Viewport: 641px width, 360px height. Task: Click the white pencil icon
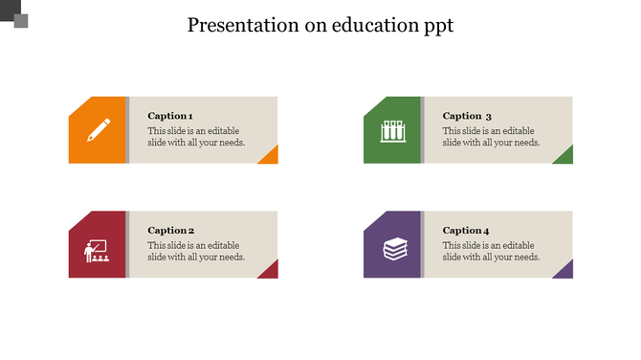point(99,130)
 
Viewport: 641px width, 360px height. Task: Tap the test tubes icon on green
point(392,130)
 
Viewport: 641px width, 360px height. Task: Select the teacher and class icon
point(98,251)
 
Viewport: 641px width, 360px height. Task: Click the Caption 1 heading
point(170,116)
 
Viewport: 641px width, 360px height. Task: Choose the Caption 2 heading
point(171,231)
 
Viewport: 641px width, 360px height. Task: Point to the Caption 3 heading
point(467,116)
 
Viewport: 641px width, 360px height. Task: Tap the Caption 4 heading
point(466,231)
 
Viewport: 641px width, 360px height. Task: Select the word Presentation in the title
point(242,26)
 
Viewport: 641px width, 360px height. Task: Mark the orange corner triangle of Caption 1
point(271,157)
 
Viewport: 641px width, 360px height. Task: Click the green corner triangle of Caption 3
point(565,157)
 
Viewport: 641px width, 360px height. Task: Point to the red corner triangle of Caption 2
point(271,272)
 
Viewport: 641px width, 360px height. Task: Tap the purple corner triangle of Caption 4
point(565,272)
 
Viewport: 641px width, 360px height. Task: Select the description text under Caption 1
point(196,137)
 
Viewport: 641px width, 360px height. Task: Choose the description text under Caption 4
point(491,252)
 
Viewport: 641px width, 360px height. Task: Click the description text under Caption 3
point(491,137)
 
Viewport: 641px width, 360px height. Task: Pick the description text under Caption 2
point(196,252)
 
